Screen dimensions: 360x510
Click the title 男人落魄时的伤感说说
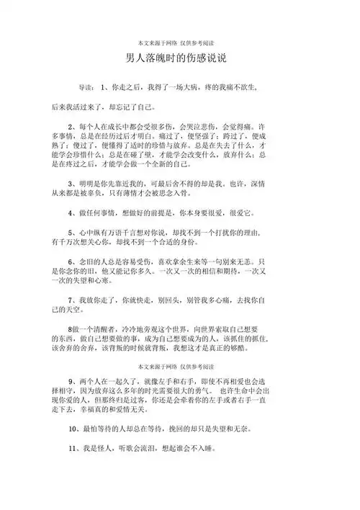180,58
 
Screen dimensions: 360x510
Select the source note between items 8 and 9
180,367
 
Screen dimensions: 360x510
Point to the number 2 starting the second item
69,126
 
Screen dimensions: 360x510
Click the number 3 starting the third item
69,183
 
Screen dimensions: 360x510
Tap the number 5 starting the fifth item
69,233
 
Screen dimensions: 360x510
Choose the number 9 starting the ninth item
69,381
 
